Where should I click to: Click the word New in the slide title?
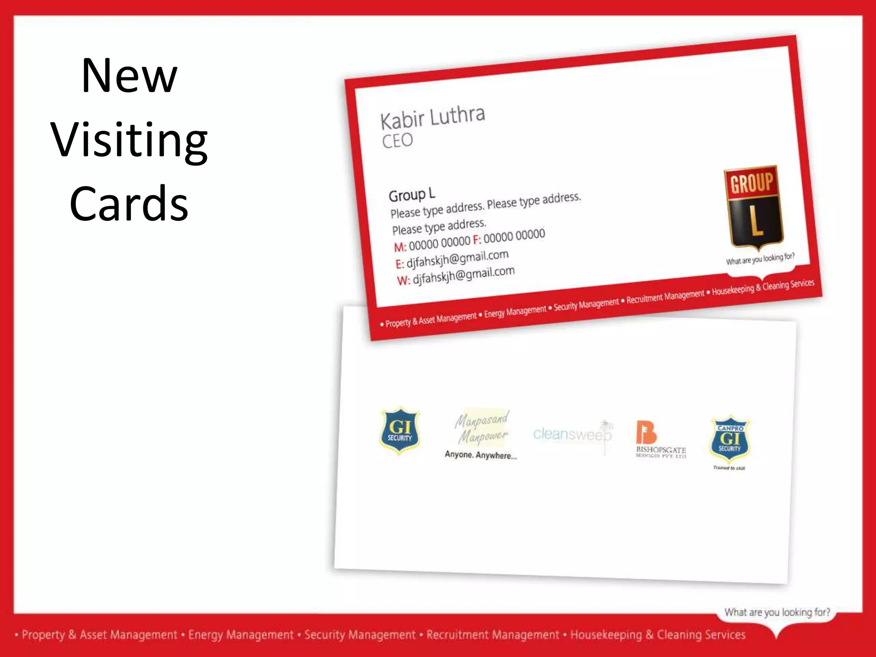coord(129,76)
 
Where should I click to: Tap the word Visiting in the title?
coord(129,140)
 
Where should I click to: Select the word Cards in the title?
coord(129,204)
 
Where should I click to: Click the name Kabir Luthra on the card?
coord(432,117)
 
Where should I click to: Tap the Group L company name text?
coord(411,195)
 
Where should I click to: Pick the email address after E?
coord(457,259)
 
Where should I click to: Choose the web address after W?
coord(463,275)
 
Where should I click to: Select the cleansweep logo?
coord(572,434)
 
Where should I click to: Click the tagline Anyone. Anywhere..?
coord(481,455)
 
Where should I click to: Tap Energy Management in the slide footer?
coord(241,635)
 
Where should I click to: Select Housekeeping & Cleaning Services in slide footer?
coord(658,635)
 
